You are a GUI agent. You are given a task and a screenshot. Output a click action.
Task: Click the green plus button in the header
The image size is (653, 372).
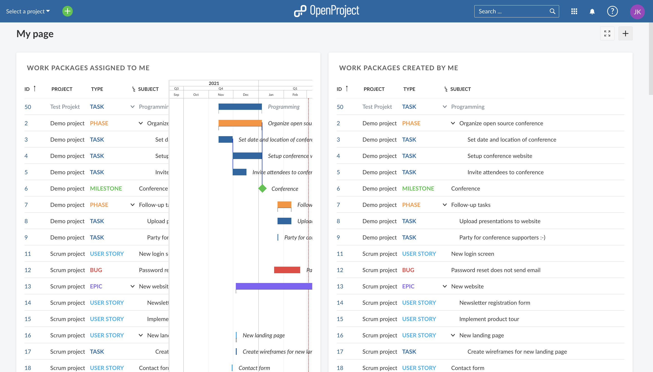click(68, 11)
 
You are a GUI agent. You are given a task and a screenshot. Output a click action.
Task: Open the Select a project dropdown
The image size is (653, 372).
click(28, 11)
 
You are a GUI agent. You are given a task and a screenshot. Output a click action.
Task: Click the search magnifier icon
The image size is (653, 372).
click(552, 11)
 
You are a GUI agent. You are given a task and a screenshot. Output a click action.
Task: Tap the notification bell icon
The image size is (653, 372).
click(592, 12)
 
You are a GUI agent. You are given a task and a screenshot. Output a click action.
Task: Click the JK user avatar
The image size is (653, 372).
click(637, 12)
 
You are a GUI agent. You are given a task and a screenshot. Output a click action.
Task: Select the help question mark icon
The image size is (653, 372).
click(612, 11)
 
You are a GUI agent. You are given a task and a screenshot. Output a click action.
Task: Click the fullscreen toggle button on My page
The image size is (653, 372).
click(607, 34)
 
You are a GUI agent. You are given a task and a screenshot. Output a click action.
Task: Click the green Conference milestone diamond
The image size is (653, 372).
click(262, 188)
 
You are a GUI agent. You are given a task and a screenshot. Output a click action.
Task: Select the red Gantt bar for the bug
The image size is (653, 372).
click(287, 270)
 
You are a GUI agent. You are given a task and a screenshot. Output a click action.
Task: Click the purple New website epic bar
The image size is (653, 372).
click(274, 286)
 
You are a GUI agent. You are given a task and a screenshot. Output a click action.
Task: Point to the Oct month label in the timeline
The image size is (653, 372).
click(196, 94)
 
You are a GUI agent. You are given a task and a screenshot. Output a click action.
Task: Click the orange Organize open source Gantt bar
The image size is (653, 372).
click(240, 123)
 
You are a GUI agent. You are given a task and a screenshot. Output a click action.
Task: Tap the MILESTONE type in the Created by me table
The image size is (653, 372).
click(418, 188)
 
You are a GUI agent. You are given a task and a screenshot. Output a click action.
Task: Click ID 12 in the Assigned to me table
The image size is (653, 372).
click(28, 270)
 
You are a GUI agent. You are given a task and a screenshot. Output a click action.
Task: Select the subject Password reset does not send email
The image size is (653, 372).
click(495, 270)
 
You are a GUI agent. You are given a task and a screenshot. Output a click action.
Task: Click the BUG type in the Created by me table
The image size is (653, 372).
click(408, 270)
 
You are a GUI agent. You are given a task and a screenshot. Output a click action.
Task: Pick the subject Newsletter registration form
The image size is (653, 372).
click(495, 303)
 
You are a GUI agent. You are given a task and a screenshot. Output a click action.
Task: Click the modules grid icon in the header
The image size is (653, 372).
click(574, 11)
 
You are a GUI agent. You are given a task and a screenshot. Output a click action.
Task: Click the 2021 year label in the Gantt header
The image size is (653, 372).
click(214, 83)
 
